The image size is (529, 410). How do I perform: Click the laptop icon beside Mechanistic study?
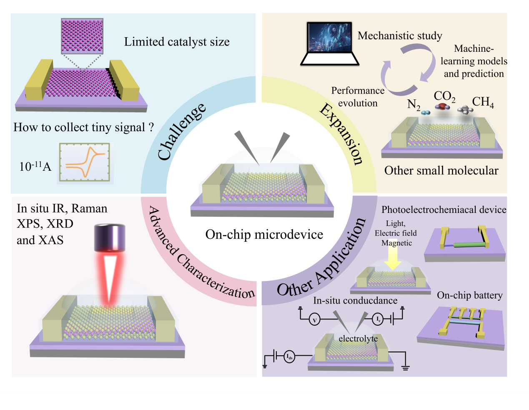[x=329, y=43]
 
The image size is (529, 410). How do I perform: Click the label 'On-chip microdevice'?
[x=264, y=235]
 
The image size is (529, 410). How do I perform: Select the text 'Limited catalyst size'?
[x=177, y=42]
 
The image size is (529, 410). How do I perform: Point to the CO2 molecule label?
[x=444, y=97]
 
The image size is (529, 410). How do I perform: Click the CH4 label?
[x=483, y=102]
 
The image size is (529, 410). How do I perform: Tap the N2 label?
[x=414, y=104]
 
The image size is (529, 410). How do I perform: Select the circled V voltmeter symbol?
[x=315, y=320]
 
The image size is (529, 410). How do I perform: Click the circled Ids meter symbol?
[x=289, y=357]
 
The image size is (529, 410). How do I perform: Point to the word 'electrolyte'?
[x=358, y=339]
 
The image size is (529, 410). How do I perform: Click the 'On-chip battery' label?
[x=469, y=295]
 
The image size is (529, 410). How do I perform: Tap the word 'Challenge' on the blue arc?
[x=182, y=132]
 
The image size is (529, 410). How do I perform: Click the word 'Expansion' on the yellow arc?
[x=342, y=134]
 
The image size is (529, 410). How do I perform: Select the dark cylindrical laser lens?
[x=110, y=237]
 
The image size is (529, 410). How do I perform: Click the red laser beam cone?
[x=110, y=278]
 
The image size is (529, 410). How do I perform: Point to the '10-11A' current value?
[x=35, y=167]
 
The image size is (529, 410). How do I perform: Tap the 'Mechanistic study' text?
[x=400, y=36]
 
